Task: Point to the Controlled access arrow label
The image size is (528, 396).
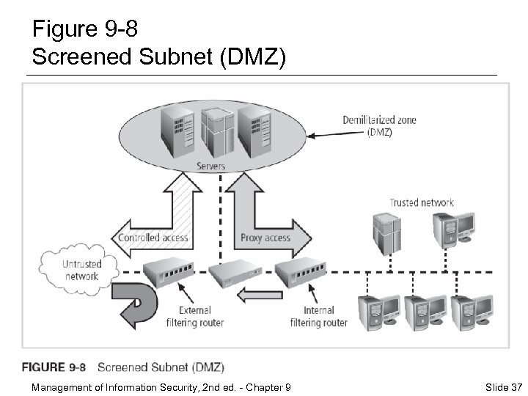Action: [x=153, y=238]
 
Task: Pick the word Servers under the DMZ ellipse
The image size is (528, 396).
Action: [x=211, y=166]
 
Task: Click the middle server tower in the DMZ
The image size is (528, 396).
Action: [x=213, y=132]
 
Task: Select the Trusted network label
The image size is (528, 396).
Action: [x=421, y=203]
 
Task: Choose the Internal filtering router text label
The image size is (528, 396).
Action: [x=318, y=316]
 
